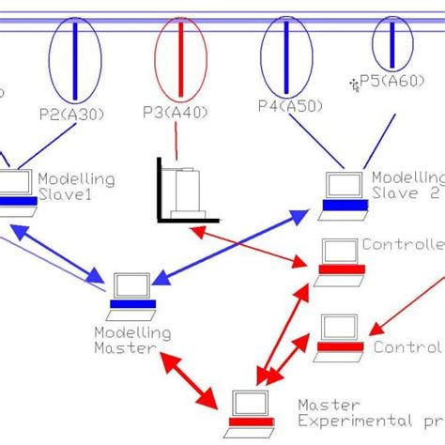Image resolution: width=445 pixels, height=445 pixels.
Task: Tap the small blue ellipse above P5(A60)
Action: (391, 41)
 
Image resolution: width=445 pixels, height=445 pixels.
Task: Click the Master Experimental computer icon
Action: (251, 407)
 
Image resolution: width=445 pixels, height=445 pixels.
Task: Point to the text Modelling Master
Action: (131, 340)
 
